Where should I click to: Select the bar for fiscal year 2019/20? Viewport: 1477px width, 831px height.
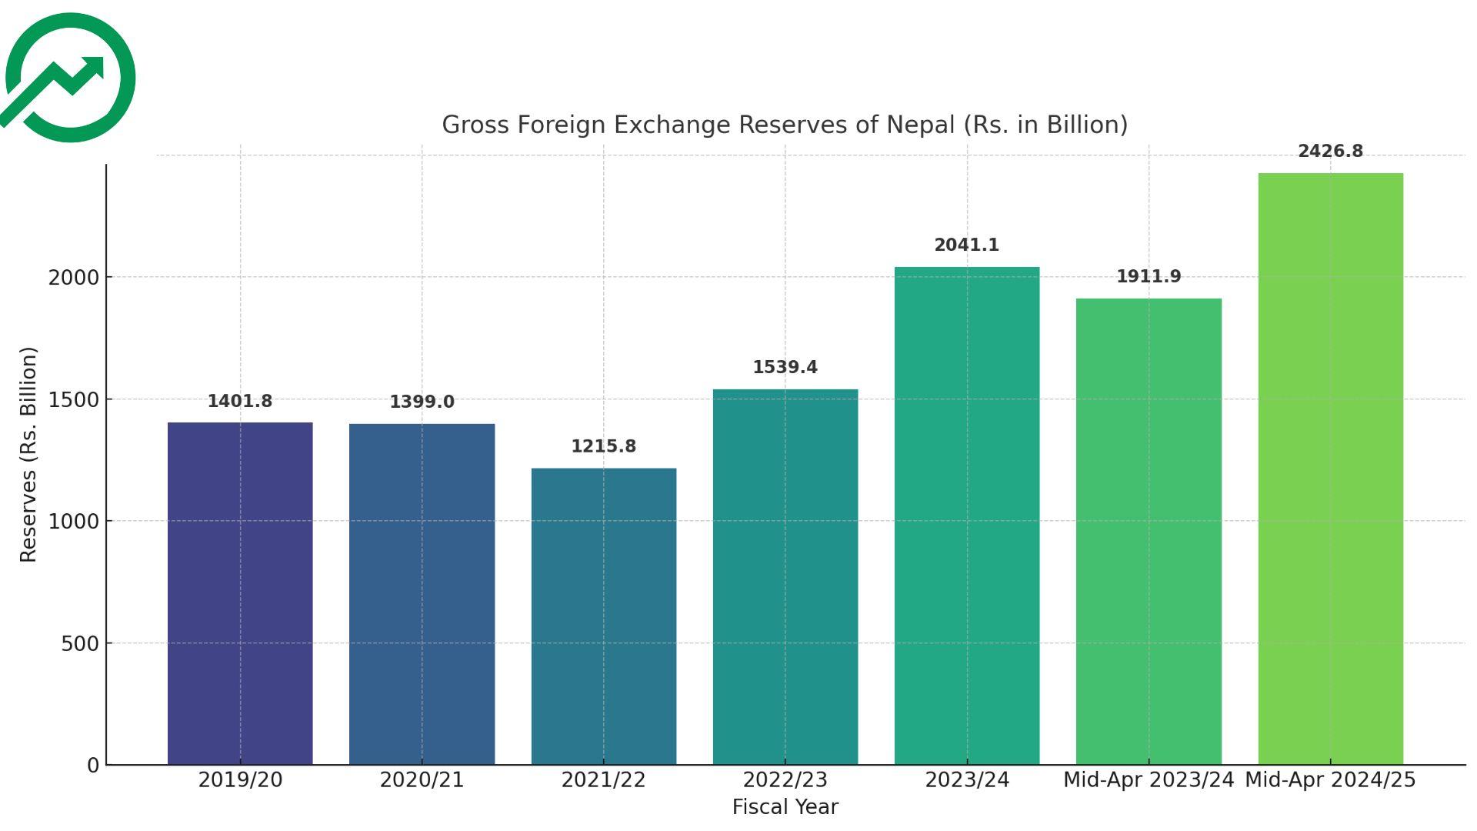click(240, 593)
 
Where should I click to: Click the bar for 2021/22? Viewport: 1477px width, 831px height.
click(604, 616)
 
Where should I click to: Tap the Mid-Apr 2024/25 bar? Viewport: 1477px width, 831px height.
click(1330, 469)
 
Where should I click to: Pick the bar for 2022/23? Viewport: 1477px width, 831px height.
click(785, 576)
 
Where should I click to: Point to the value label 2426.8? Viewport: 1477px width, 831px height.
click(1330, 152)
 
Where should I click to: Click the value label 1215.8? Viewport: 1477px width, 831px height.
click(604, 447)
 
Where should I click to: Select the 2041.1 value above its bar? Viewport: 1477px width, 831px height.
click(966, 245)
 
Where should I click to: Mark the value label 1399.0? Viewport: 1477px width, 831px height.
click(422, 402)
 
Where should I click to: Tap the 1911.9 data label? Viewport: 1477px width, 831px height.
click(1149, 277)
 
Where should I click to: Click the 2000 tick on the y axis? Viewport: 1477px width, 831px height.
click(74, 278)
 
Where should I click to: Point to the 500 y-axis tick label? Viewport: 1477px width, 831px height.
click(80, 644)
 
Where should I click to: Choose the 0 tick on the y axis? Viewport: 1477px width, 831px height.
click(93, 766)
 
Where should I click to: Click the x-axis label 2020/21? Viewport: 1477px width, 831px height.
click(422, 780)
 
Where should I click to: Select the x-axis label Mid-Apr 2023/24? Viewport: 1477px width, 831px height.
click(1149, 780)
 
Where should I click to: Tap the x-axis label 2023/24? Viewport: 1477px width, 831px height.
click(966, 780)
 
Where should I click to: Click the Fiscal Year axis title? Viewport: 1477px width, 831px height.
click(785, 807)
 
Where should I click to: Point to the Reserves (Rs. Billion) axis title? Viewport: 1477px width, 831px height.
click(28, 455)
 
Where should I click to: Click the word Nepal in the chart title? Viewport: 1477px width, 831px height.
click(920, 125)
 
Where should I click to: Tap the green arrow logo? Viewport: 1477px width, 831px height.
click(69, 78)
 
